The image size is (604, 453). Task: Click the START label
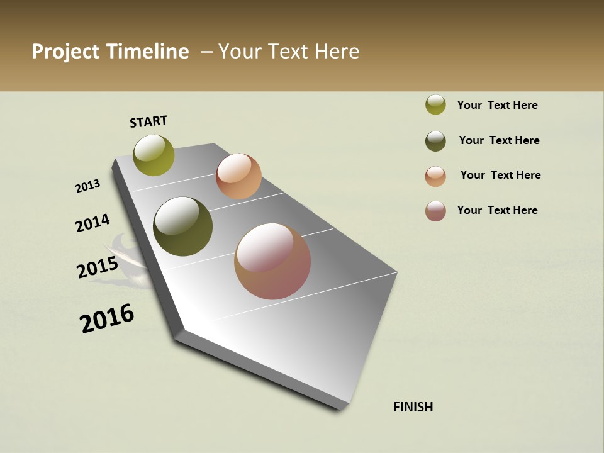tap(148, 121)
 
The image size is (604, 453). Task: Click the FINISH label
tap(413, 407)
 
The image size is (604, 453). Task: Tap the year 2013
tap(87, 186)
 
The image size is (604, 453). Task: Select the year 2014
tap(92, 223)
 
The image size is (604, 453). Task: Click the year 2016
tap(107, 318)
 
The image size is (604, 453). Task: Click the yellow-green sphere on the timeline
tap(154, 155)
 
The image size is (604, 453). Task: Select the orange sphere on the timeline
tap(238, 176)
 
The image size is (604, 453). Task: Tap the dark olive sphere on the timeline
tap(183, 226)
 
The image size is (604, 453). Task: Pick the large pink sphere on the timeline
tap(272, 261)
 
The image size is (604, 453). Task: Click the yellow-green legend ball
tap(435, 105)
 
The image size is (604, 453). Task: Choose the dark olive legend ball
tap(435, 141)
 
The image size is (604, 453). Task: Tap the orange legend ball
tap(435, 176)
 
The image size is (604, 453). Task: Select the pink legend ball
tap(435, 211)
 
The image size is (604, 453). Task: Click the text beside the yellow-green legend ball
tap(497, 105)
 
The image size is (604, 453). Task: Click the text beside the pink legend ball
tap(497, 210)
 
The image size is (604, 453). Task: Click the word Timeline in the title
tap(147, 52)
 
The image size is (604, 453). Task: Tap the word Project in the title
tap(65, 52)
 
